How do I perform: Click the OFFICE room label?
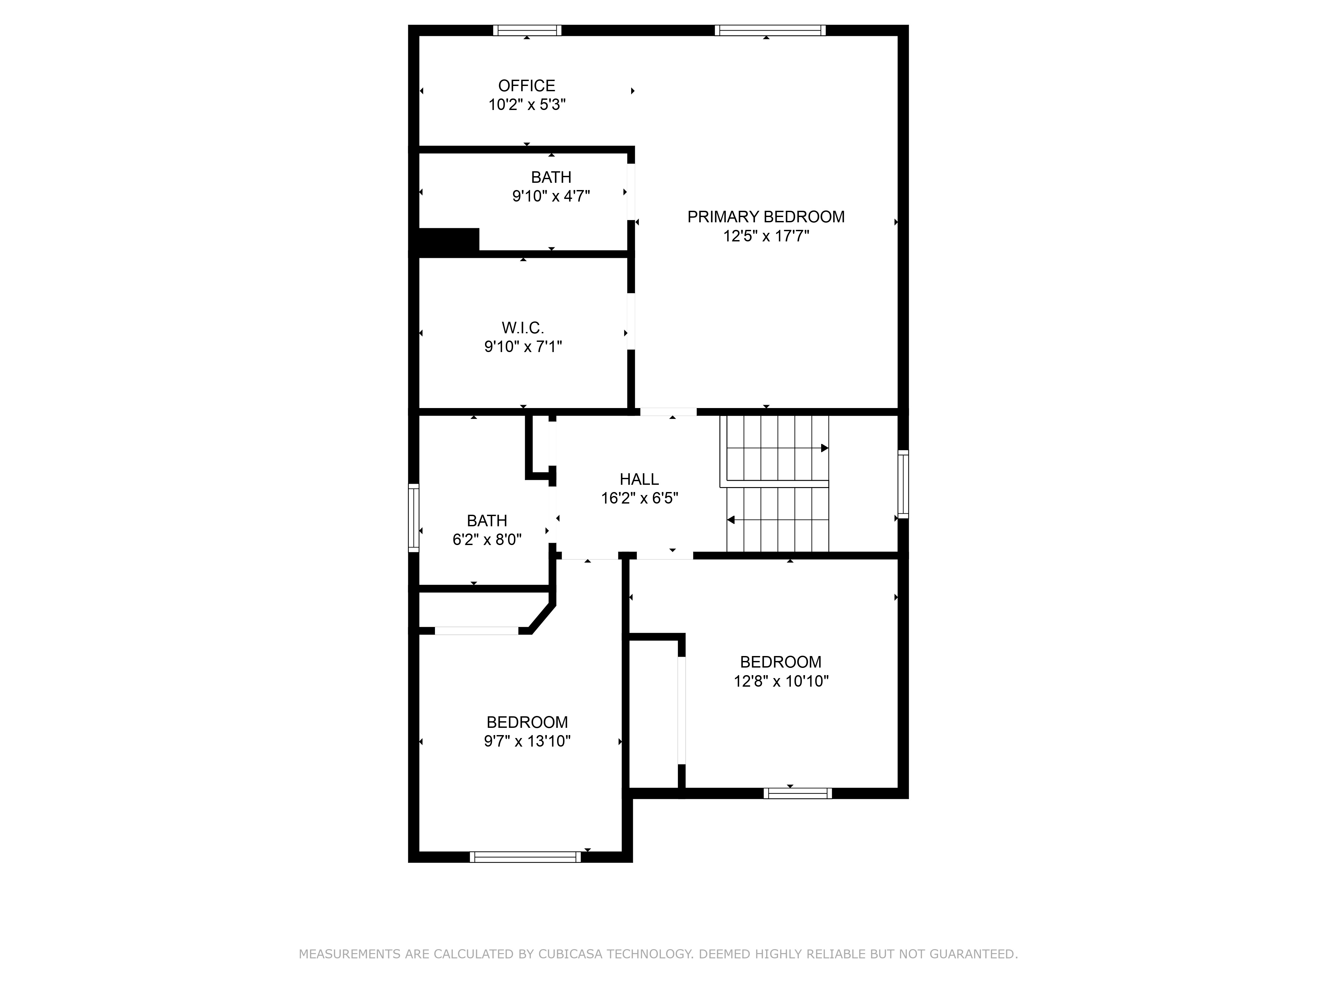(527, 86)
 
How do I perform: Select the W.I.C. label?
(523, 328)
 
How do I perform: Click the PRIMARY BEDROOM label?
(766, 217)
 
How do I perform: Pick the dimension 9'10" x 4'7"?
(551, 196)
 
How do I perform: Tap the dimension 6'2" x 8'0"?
(487, 539)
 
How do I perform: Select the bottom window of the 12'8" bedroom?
(798, 793)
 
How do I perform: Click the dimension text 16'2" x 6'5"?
(639, 499)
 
